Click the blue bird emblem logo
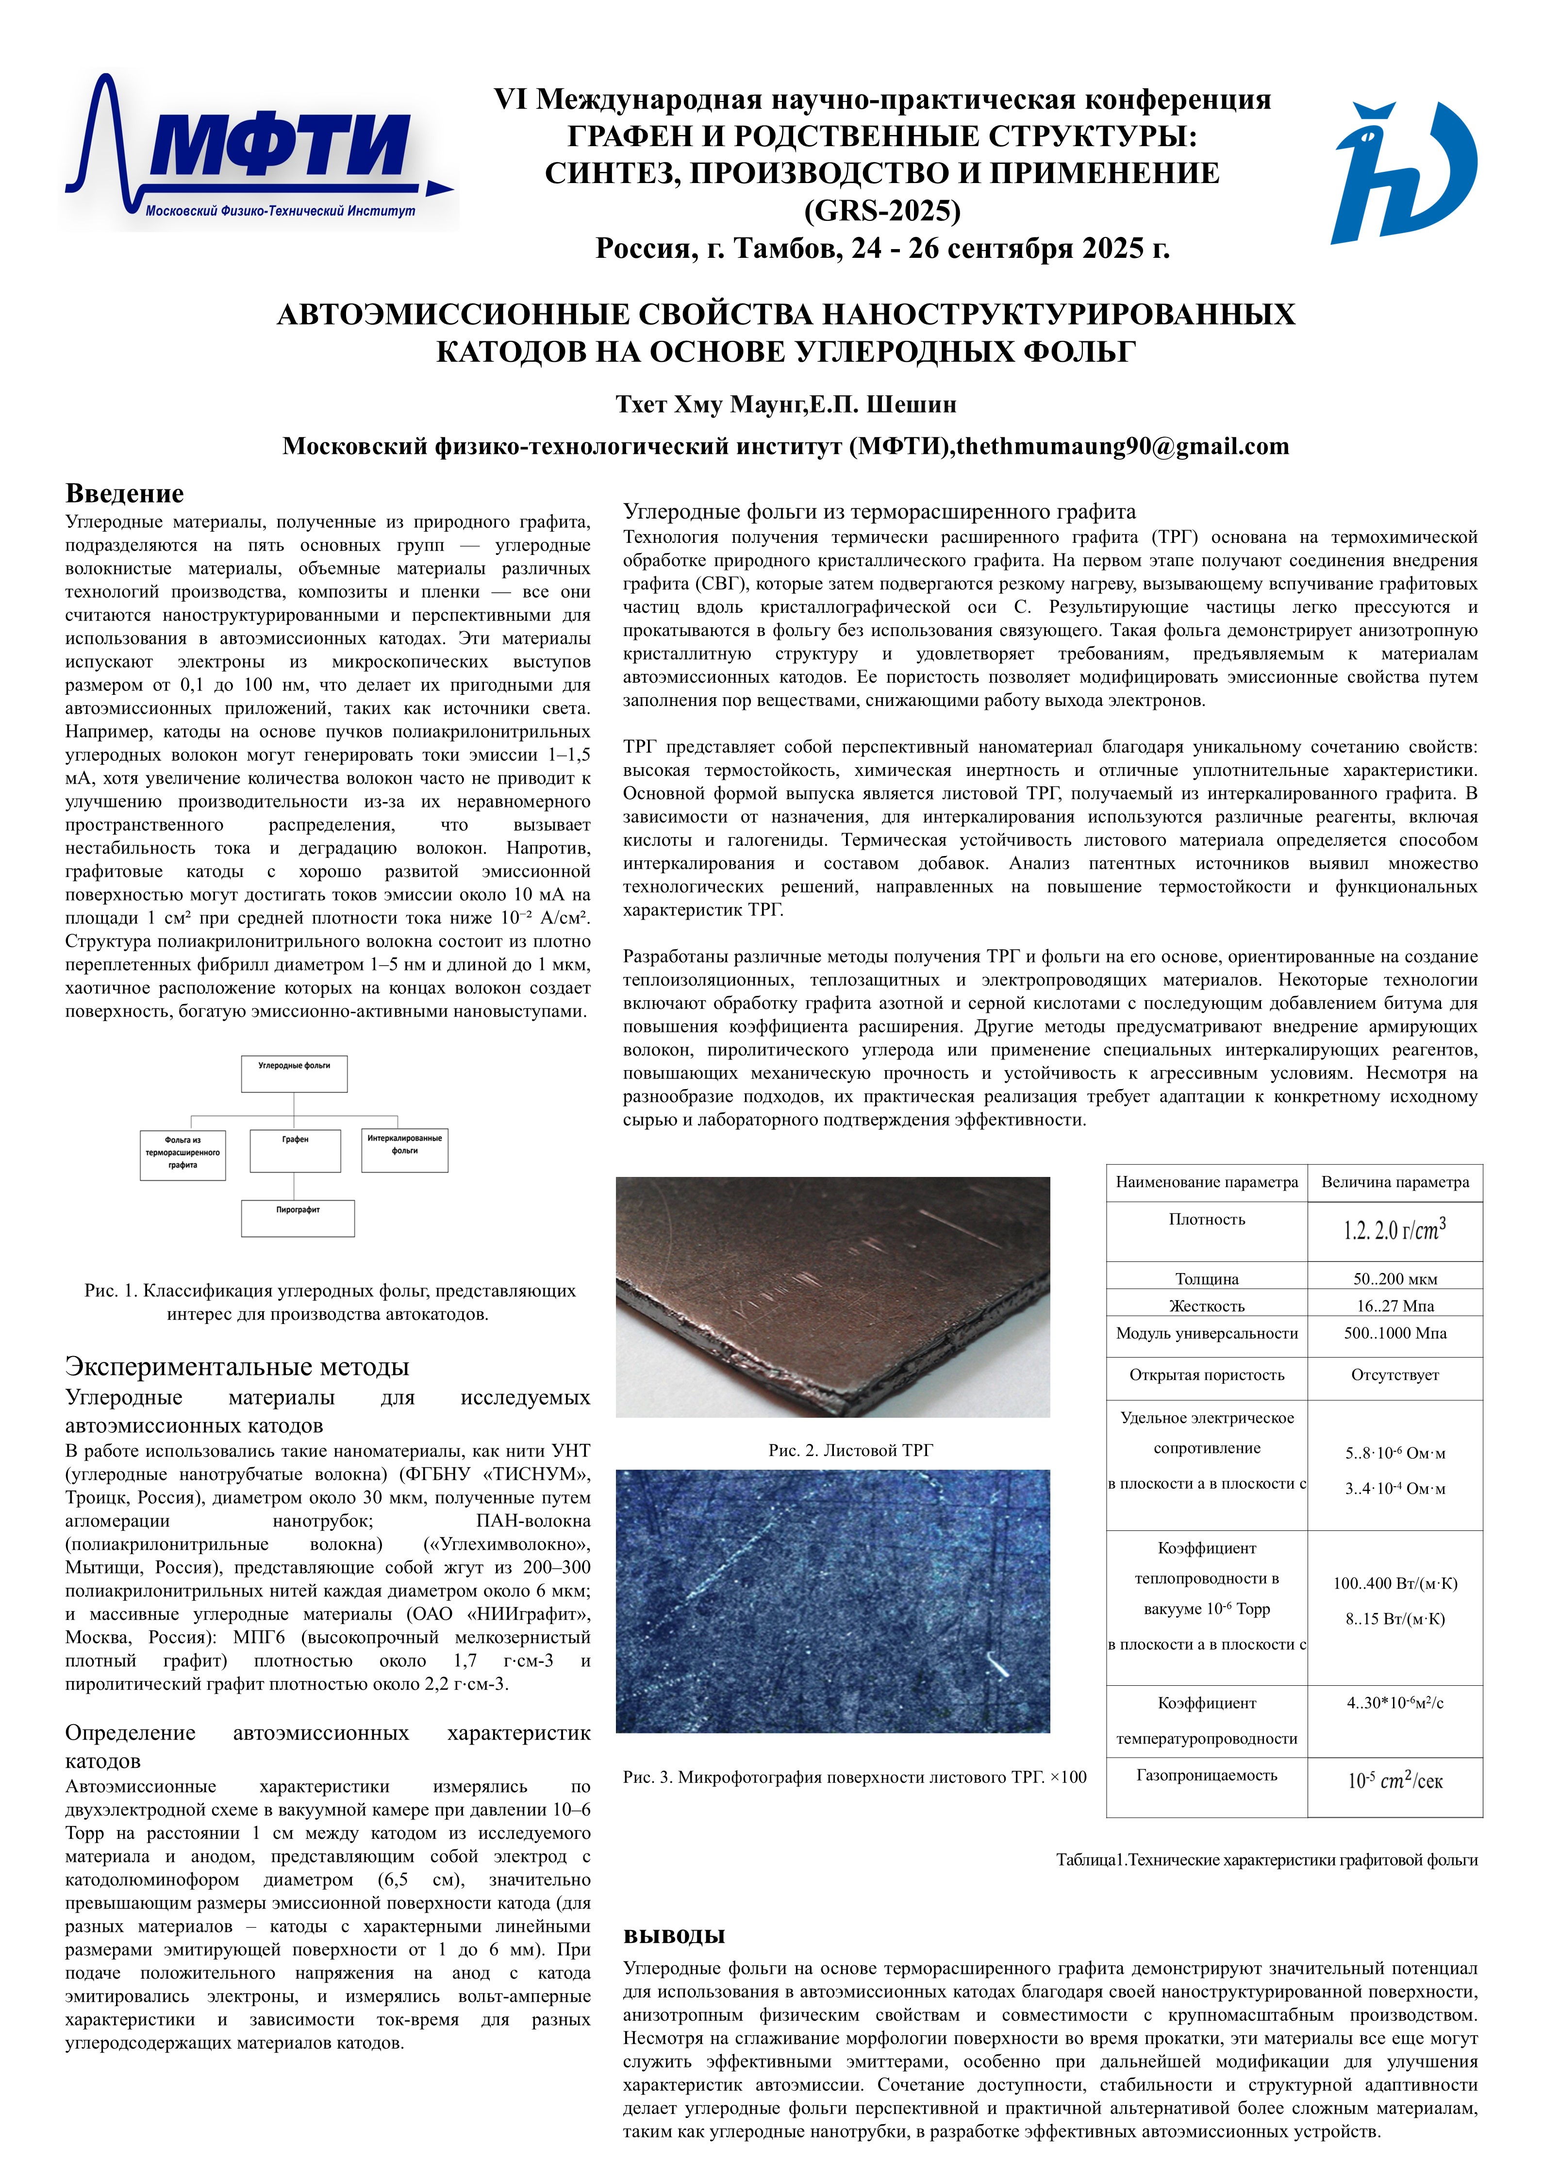(x=1404, y=171)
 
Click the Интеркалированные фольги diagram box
(x=405, y=1150)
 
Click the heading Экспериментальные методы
(x=236, y=1367)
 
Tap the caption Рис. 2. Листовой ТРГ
(x=850, y=1450)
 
